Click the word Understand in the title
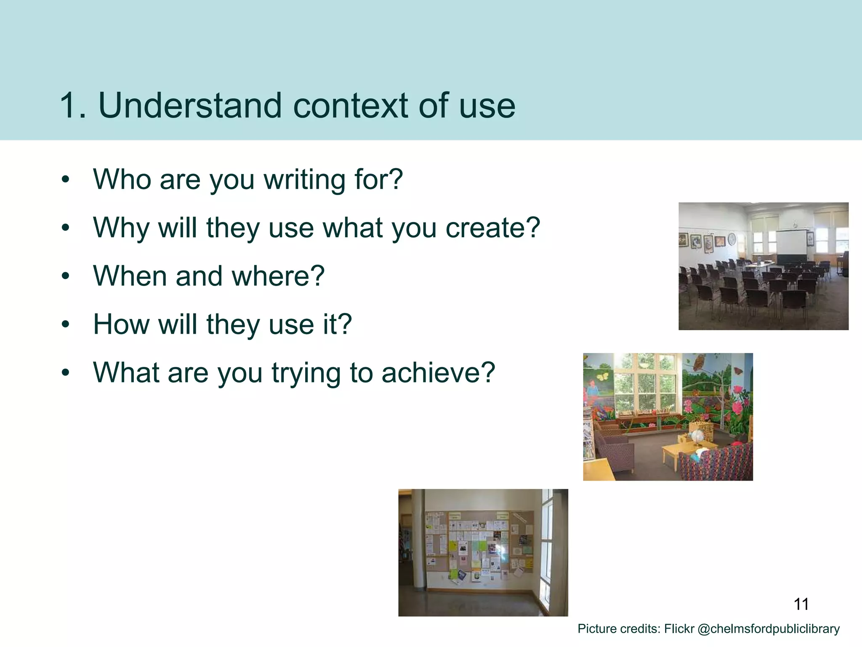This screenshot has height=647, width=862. (x=189, y=105)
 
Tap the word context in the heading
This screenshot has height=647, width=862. (x=350, y=105)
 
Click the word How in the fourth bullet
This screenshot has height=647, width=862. (x=121, y=324)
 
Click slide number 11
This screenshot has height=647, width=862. (x=801, y=604)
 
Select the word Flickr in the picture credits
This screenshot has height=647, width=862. (x=679, y=629)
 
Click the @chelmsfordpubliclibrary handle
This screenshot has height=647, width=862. (x=768, y=629)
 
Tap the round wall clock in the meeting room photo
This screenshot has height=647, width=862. (x=732, y=239)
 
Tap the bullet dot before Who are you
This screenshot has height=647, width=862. (x=65, y=180)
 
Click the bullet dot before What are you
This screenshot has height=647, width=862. (x=65, y=373)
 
